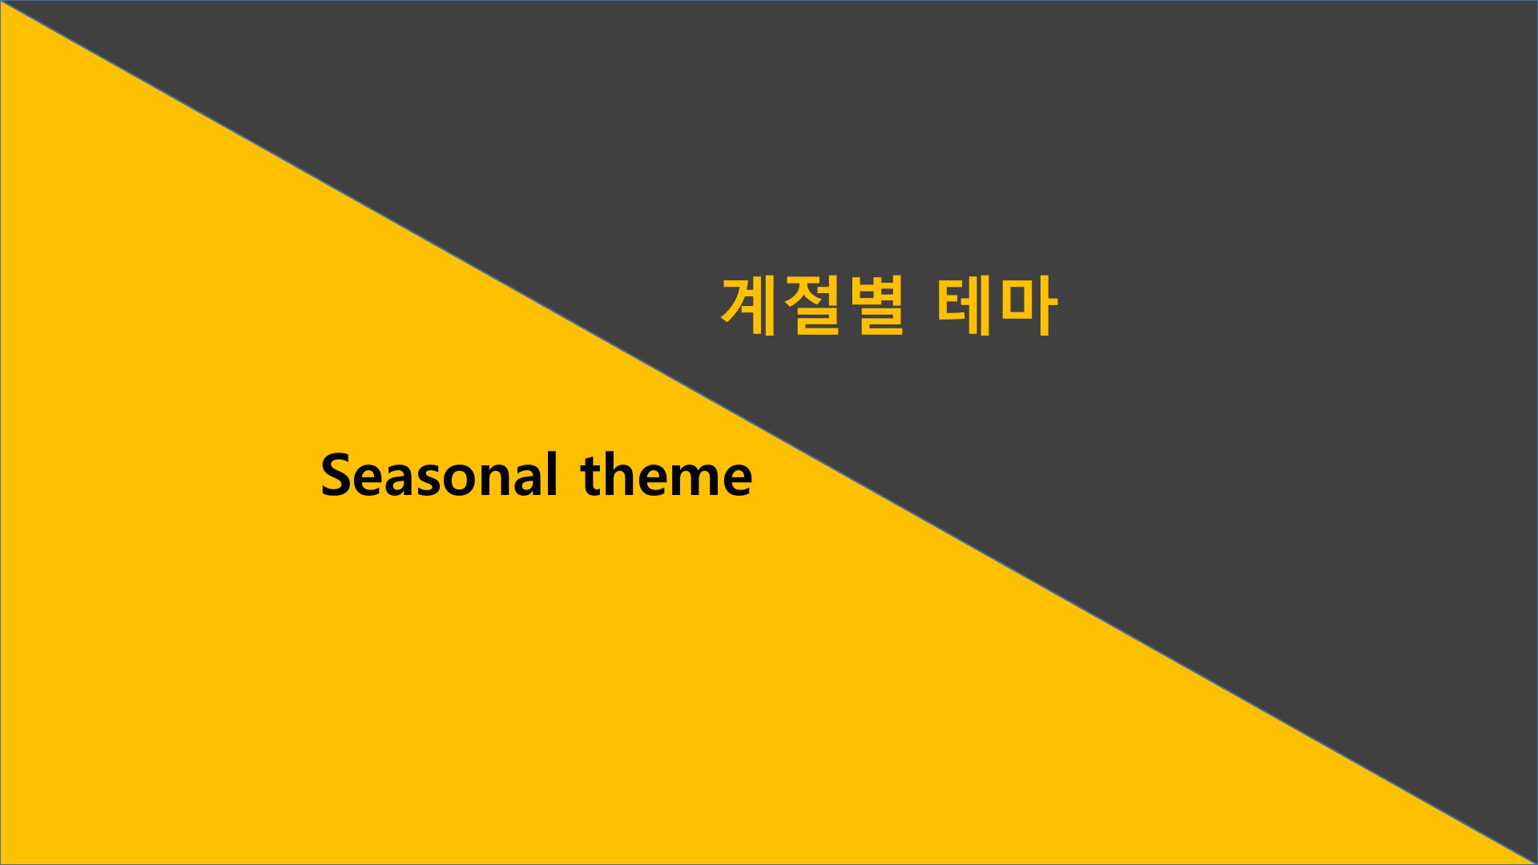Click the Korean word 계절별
click(x=813, y=307)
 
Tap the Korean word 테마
click(x=996, y=307)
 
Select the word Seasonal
click(x=439, y=476)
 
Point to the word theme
click(x=666, y=476)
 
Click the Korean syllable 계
click(x=750, y=307)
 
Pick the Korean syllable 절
click(x=812, y=307)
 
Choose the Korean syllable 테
click(x=964, y=307)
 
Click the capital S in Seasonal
click(x=336, y=476)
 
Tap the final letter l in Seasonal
click(x=552, y=475)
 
